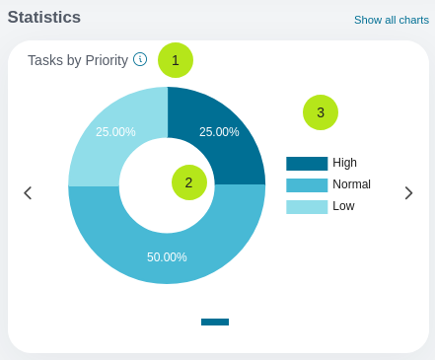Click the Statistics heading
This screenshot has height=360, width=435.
click(x=44, y=17)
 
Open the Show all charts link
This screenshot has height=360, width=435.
click(x=392, y=20)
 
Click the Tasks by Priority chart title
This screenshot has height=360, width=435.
click(x=78, y=60)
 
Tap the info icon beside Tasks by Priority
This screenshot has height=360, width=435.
click(x=140, y=59)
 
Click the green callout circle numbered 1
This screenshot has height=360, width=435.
click(x=176, y=60)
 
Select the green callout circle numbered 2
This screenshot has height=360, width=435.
click(x=189, y=182)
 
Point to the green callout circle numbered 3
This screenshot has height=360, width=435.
click(x=321, y=112)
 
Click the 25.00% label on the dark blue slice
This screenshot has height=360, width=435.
click(x=219, y=132)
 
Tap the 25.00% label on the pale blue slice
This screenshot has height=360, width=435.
click(x=115, y=132)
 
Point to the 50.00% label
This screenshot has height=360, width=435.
click(x=167, y=257)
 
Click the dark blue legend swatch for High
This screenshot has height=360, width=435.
click(x=307, y=164)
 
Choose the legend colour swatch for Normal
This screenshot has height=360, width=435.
click(x=307, y=185)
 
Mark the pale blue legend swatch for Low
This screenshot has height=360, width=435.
click(x=307, y=207)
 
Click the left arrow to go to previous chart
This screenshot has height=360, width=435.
click(x=28, y=193)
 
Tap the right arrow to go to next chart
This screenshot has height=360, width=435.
click(x=408, y=193)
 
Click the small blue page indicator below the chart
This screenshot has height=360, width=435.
click(x=215, y=322)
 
